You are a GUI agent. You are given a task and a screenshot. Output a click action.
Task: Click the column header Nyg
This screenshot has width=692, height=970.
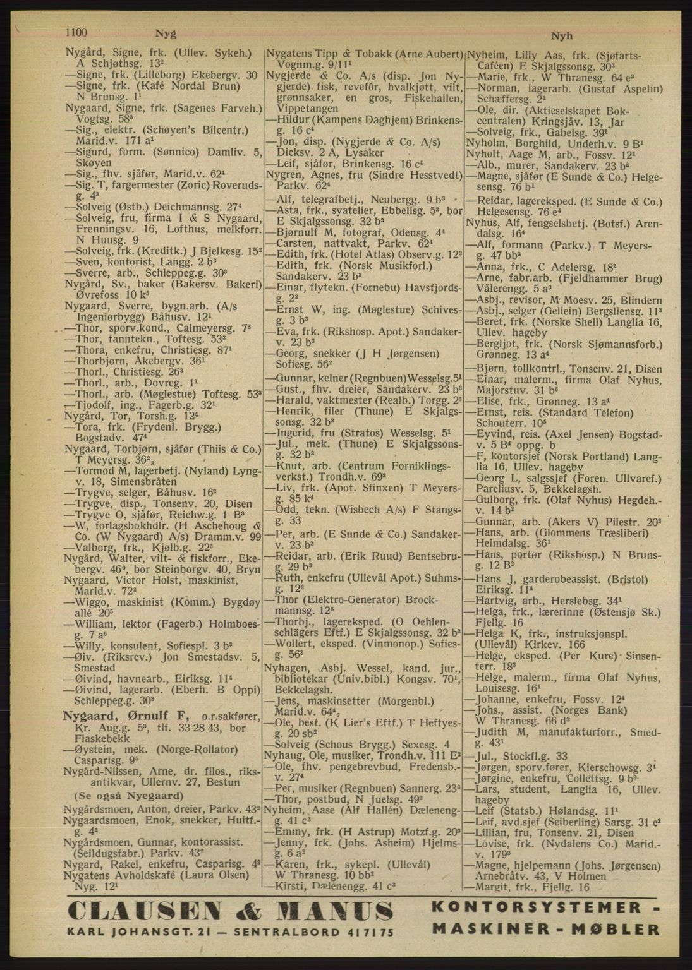point(166,35)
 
